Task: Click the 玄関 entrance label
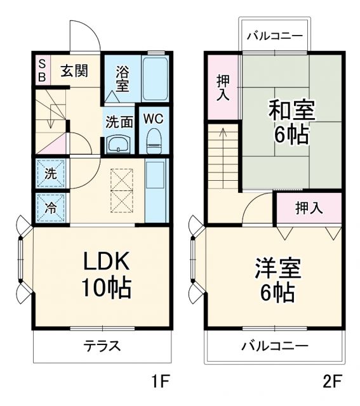[x=74, y=70]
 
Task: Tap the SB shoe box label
[x=41, y=70]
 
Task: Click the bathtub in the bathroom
[x=154, y=78]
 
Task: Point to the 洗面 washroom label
[x=119, y=122]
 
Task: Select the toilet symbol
[x=154, y=141]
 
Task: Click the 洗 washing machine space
[x=50, y=173]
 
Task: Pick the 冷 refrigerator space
[x=50, y=207]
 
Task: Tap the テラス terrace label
[x=102, y=346]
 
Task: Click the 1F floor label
[x=161, y=383]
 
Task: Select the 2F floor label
[x=332, y=383]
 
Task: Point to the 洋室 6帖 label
[x=277, y=279]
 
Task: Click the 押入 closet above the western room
[x=309, y=207]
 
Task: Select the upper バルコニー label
[x=275, y=36]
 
